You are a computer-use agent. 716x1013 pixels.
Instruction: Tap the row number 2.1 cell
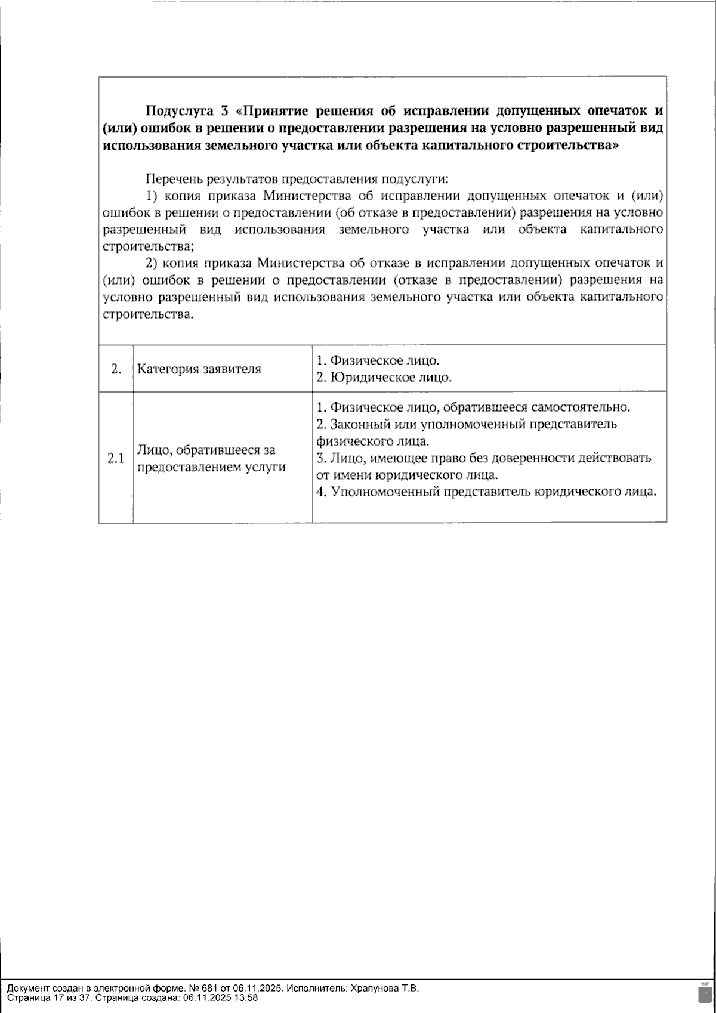pyautogui.click(x=116, y=458)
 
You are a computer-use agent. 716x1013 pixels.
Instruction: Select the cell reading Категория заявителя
pyautogui.click(x=199, y=369)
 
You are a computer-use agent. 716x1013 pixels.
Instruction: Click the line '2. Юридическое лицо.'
pyautogui.click(x=384, y=378)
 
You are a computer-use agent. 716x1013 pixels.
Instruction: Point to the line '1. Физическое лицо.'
pyautogui.click(x=378, y=360)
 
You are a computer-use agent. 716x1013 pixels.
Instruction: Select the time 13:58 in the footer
pyautogui.click(x=246, y=997)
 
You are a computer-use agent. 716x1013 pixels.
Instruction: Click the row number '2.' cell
pyautogui.click(x=116, y=369)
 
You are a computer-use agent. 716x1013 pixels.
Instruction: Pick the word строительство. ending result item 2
pyautogui.click(x=149, y=314)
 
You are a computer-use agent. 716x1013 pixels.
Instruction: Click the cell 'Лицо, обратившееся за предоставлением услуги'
pyautogui.click(x=209, y=458)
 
